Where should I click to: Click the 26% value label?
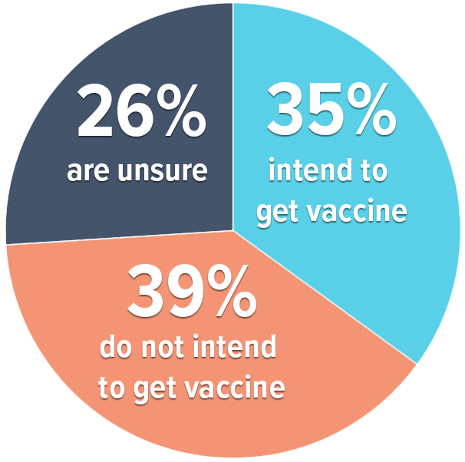point(142,111)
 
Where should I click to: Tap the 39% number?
point(192,291)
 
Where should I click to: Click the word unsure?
point(163,172)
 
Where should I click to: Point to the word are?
point(88,172)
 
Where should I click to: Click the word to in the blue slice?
point(374,171)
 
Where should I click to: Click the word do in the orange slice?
point(116,347)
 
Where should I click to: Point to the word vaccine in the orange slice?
point(235,388)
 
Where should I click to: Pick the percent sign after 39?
point(232,291)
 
